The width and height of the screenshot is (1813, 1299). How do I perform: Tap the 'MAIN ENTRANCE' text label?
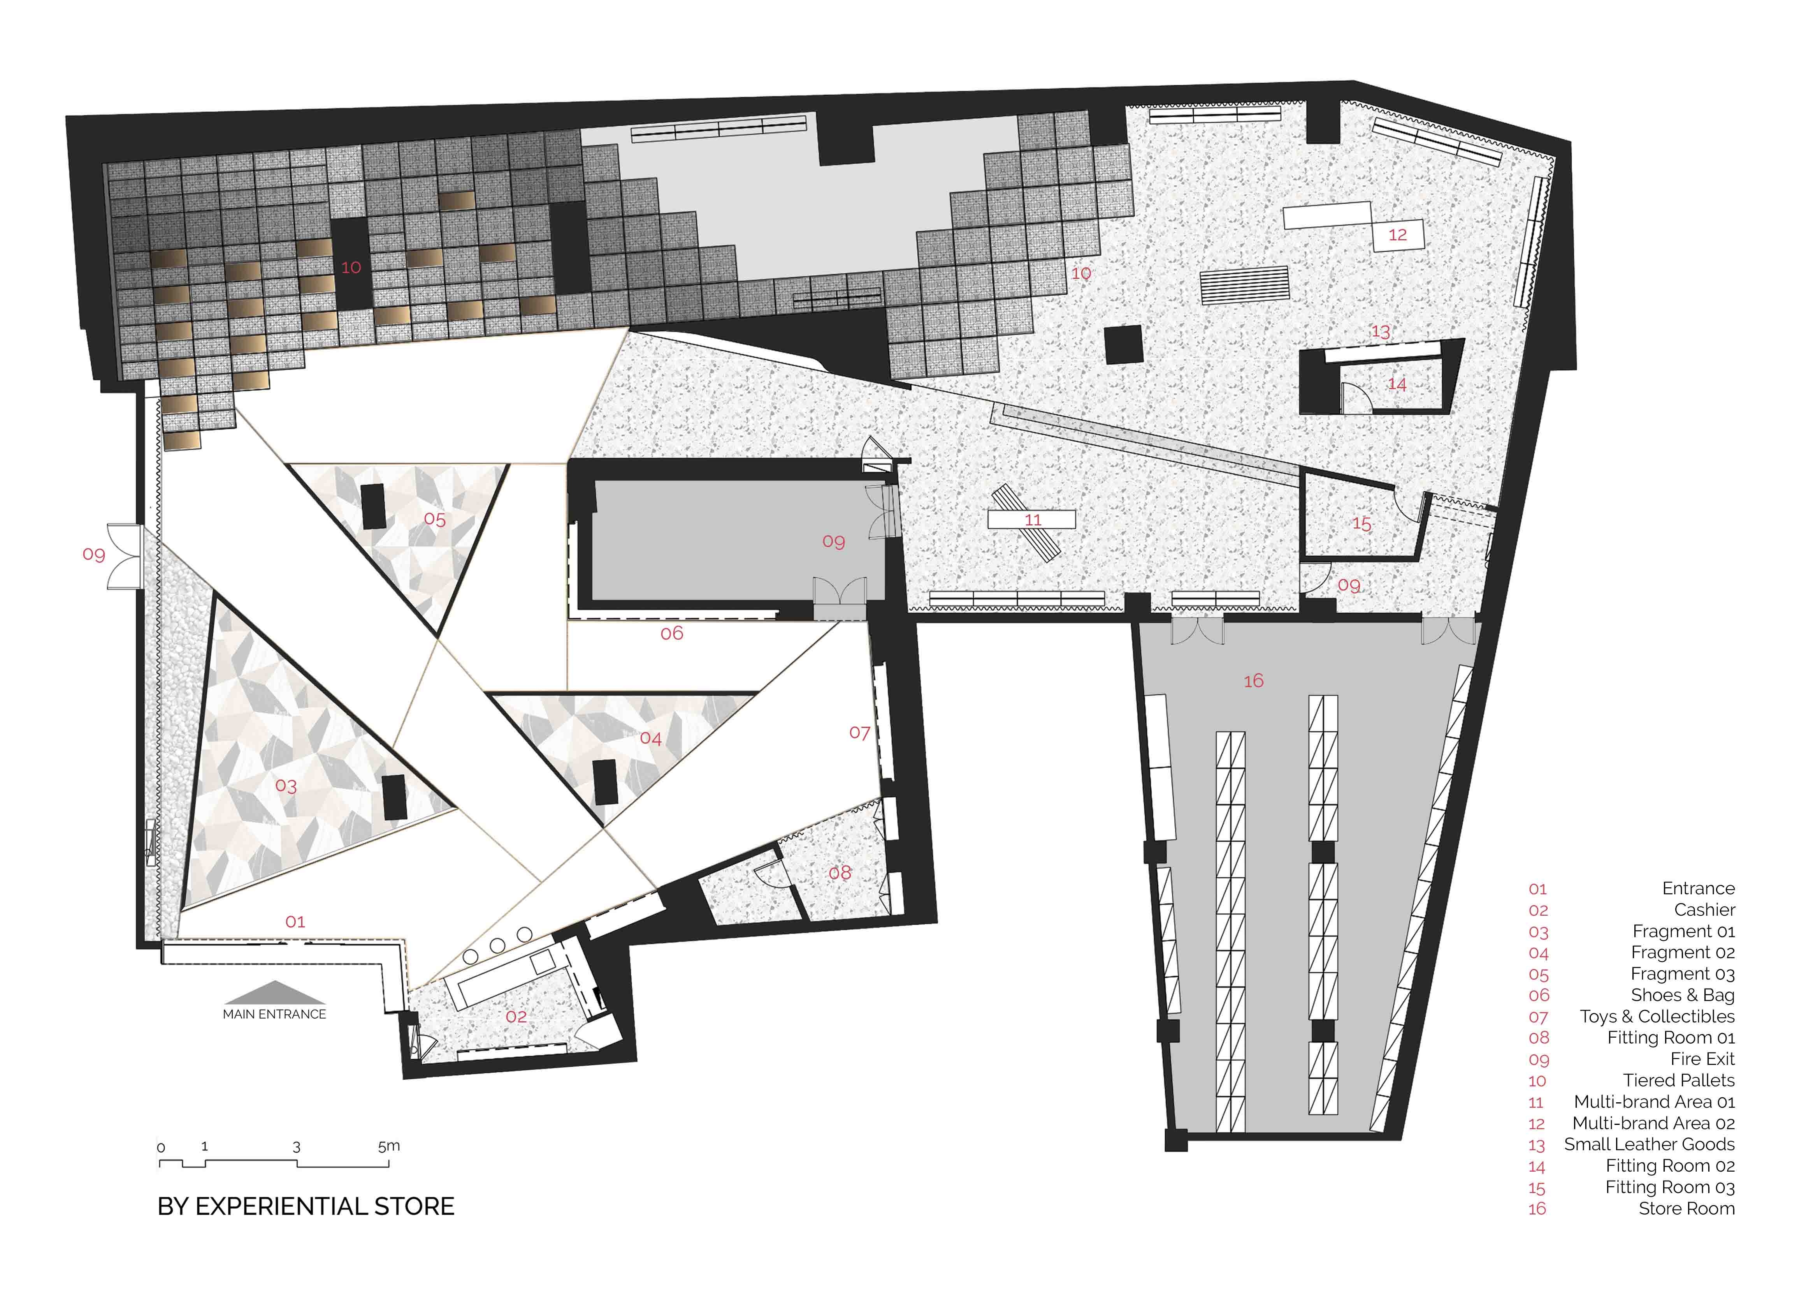[274, 1014]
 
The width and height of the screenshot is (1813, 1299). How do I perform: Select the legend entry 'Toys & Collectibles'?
[1657, 1017]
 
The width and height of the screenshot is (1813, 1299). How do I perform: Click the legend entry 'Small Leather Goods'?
[1649, 1145]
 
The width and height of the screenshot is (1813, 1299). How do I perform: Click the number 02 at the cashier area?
[516, 1017]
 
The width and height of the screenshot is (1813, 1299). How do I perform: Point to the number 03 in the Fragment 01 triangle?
[286, 786]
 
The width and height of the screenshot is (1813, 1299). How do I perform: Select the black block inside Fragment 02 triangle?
[605, 782]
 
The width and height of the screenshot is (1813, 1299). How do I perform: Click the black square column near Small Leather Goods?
[1124, 345]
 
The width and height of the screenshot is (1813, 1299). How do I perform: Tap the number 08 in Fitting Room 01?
[839, 872]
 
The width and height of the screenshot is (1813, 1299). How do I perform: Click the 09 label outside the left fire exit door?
[93, 554]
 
